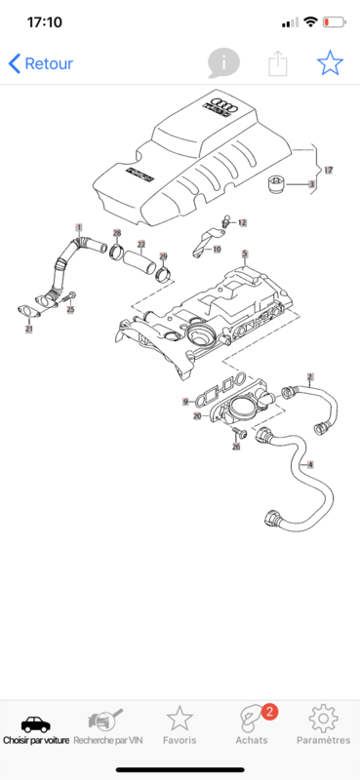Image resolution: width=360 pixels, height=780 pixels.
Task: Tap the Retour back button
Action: click(40, 63)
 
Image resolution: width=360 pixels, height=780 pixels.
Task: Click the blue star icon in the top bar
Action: click(330, 63)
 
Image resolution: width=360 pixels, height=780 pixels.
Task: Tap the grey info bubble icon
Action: click(223, 63)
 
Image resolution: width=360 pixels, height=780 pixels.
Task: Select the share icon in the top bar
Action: click(278, 63)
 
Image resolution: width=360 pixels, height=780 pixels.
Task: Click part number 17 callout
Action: click(328, 170)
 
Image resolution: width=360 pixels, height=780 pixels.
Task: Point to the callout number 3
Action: click(311, 184)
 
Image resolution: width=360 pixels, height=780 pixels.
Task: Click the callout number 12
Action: click(242, 223)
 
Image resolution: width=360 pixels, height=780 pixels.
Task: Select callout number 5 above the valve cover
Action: click(245, 254)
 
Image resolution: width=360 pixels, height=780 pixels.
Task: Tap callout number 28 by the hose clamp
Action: click(117, 233)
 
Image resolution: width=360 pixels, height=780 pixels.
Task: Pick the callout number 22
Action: click(141, 245)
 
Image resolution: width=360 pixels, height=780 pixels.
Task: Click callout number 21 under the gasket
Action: click(29, 329)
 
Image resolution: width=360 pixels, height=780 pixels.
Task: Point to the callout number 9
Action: click(185, 401)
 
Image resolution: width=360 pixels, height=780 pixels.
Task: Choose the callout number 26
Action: click(236, 447)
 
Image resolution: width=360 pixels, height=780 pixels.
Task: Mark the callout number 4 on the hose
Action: click(310, 465)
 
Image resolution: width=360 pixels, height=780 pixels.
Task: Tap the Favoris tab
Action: click(180, 725)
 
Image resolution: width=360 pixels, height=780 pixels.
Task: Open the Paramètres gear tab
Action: click(324, 725)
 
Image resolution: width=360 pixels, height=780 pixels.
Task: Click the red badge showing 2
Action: click(269, 712)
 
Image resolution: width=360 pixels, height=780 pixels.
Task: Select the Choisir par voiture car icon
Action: click(36, 724)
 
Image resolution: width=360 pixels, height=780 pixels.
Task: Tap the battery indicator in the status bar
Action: click(335, 21)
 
